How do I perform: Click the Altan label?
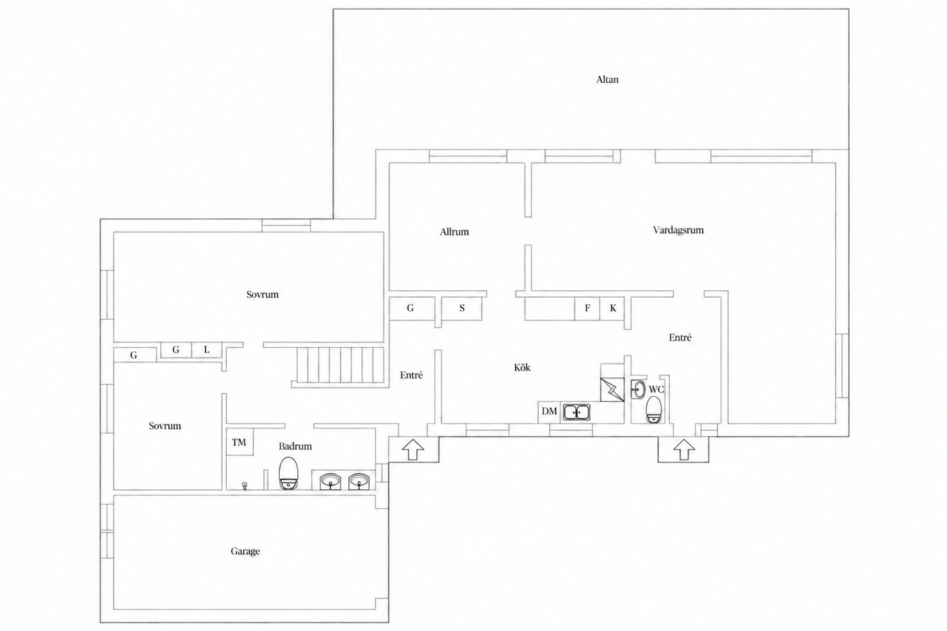coord(607,79)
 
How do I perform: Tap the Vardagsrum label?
coord(678,230)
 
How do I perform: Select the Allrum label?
coord(454,232)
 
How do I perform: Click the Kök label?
coord(522,367)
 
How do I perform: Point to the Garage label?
coord(245,551)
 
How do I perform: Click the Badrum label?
coord(295,446)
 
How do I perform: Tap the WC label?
coord(656,389)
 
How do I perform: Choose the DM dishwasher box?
coord(549,412)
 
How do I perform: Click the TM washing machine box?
coord(239,442)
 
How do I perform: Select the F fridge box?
coord(587,309)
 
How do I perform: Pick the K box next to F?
coord(613,309)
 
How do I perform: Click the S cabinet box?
coord(462,309)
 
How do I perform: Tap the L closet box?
coord(207,350)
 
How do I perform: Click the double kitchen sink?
coord(576,412)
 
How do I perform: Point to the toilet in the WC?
coord(654,410)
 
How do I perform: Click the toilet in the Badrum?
coord(289,473)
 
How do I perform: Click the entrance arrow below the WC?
coord(684,449)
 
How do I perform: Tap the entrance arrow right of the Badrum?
coord(412,449)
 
